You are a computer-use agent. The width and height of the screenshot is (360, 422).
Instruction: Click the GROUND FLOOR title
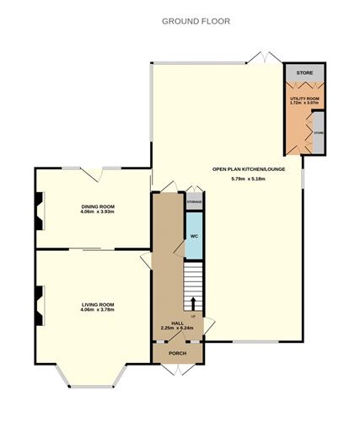tap(196, 21)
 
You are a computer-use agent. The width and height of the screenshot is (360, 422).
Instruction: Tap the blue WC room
tap(192, 236)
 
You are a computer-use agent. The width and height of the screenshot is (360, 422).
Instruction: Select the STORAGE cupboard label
tap(194, 203)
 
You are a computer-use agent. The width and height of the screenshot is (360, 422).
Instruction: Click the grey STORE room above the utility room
tap(304, 74)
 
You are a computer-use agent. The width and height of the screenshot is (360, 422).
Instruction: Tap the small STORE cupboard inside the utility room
tap(318, 133)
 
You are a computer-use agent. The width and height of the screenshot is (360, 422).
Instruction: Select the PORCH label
tap(178, 354)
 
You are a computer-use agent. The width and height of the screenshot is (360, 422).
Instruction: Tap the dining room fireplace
tap(37, 211)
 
